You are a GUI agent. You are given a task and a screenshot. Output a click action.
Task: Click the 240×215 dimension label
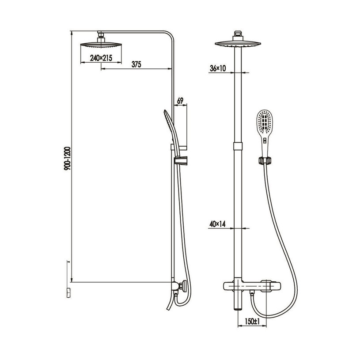pos(101,58)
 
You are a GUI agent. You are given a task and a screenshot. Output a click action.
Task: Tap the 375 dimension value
pos(136,64)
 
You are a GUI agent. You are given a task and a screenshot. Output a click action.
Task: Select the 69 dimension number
pos(180,101)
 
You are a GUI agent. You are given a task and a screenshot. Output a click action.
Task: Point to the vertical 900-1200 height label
pos(68,159)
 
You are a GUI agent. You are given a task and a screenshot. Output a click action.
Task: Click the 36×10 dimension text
pos(218,68)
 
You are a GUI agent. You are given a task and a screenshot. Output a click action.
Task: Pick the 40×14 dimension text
pos(217,224)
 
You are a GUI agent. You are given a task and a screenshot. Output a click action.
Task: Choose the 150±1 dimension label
pos(252,322)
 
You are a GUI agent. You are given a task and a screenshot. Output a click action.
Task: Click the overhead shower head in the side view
pos(101,45)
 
